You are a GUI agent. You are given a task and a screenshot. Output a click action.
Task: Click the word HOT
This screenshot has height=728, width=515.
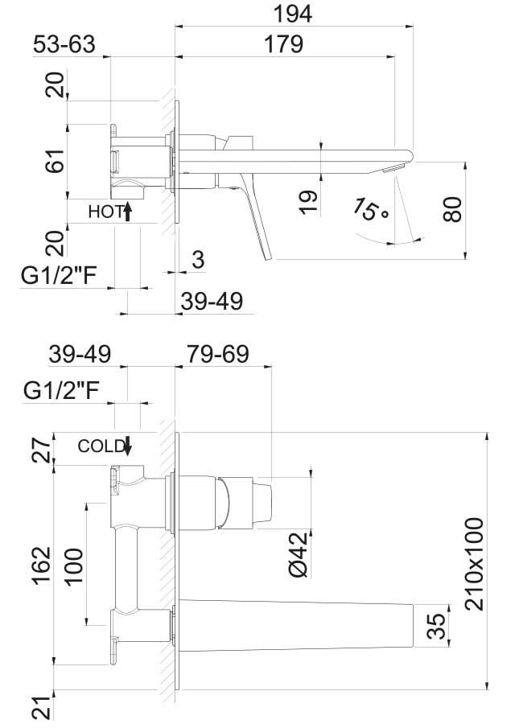click(104, 212)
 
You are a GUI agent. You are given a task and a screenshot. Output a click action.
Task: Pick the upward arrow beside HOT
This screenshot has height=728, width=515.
click(127, 212)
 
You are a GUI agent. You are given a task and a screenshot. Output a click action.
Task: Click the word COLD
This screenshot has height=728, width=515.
click(101, 446)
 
